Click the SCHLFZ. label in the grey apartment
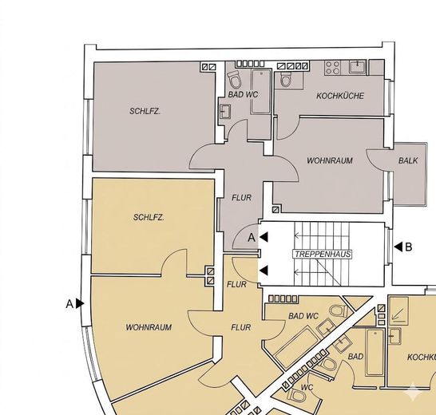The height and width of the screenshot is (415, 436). pyautogui.click(x=145, y=111)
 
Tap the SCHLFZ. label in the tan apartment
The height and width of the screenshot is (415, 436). pyautogui.click(x=149, y=217)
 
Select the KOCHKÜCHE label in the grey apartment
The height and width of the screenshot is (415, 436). pyautogui.click(x=340, y=96)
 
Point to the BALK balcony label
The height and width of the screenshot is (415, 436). pyautogui.click(x=408, y=160)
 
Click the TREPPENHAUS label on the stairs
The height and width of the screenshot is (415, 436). pyautogui.click(x=323, y=254)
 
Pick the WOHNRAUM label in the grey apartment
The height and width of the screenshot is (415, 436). pyautogui.click(x=330, y=160)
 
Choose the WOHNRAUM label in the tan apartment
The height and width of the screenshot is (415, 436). pyautogui.click(x=149, y=327)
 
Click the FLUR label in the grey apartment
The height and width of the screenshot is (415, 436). pyautogui.click(x=241, y=198)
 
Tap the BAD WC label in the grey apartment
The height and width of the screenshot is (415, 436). pyautogui.click(x=243, y=94)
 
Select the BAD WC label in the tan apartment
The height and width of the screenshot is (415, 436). pyautogui.click(x=303, y=316)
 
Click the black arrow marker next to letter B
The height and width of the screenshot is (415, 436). pyautogui.click(x=398, y=247)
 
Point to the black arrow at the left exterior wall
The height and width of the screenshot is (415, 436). pyautogui.click(x=80, y=303)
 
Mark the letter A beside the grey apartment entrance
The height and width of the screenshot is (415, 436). pyautogui.click(x=252, y=238)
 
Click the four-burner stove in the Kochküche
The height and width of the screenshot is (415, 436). pyautogui.click(x=332, y=68)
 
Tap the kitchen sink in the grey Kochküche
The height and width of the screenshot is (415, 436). pyautogui.click(x=357, y=67)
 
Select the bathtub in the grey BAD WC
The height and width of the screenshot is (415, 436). pyautogui.click(x=261, y=92)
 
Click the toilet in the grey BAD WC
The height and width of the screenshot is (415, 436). pyautogui.click(x=236, y=79)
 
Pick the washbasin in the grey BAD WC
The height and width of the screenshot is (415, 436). pyautogui.click(x=225, y=112)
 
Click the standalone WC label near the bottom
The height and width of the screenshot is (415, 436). pyautogui.click(x=307, y=387)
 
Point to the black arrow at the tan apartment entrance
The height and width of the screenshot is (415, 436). pyautogui.click(x=264, y=271)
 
